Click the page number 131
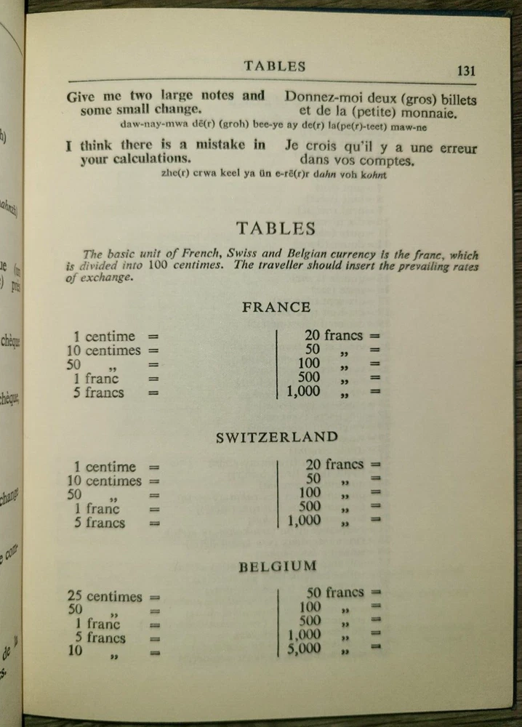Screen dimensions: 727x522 tap(466, 71)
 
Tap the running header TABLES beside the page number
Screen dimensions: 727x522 tap(275, 66)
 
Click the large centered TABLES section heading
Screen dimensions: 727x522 tap(276, 228)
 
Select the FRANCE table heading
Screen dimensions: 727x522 tap(276, 307)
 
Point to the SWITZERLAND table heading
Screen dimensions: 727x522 tap(277, 438)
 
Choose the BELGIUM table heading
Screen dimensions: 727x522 tap(277, 566)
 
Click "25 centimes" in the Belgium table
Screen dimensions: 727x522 tap(105, 597)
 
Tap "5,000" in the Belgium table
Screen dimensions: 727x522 tap(304, 648)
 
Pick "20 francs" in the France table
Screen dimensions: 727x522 tap(333, 336)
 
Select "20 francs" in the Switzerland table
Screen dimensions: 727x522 tap(334, 465)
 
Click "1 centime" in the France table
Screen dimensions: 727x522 tap(104, 337)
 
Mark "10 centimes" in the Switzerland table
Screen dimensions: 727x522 tap(104, 481)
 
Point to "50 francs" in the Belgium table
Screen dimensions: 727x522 tap(335, 593)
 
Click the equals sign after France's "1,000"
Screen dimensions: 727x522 tap(375, 392)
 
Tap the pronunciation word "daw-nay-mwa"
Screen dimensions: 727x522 tap(138, 125)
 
